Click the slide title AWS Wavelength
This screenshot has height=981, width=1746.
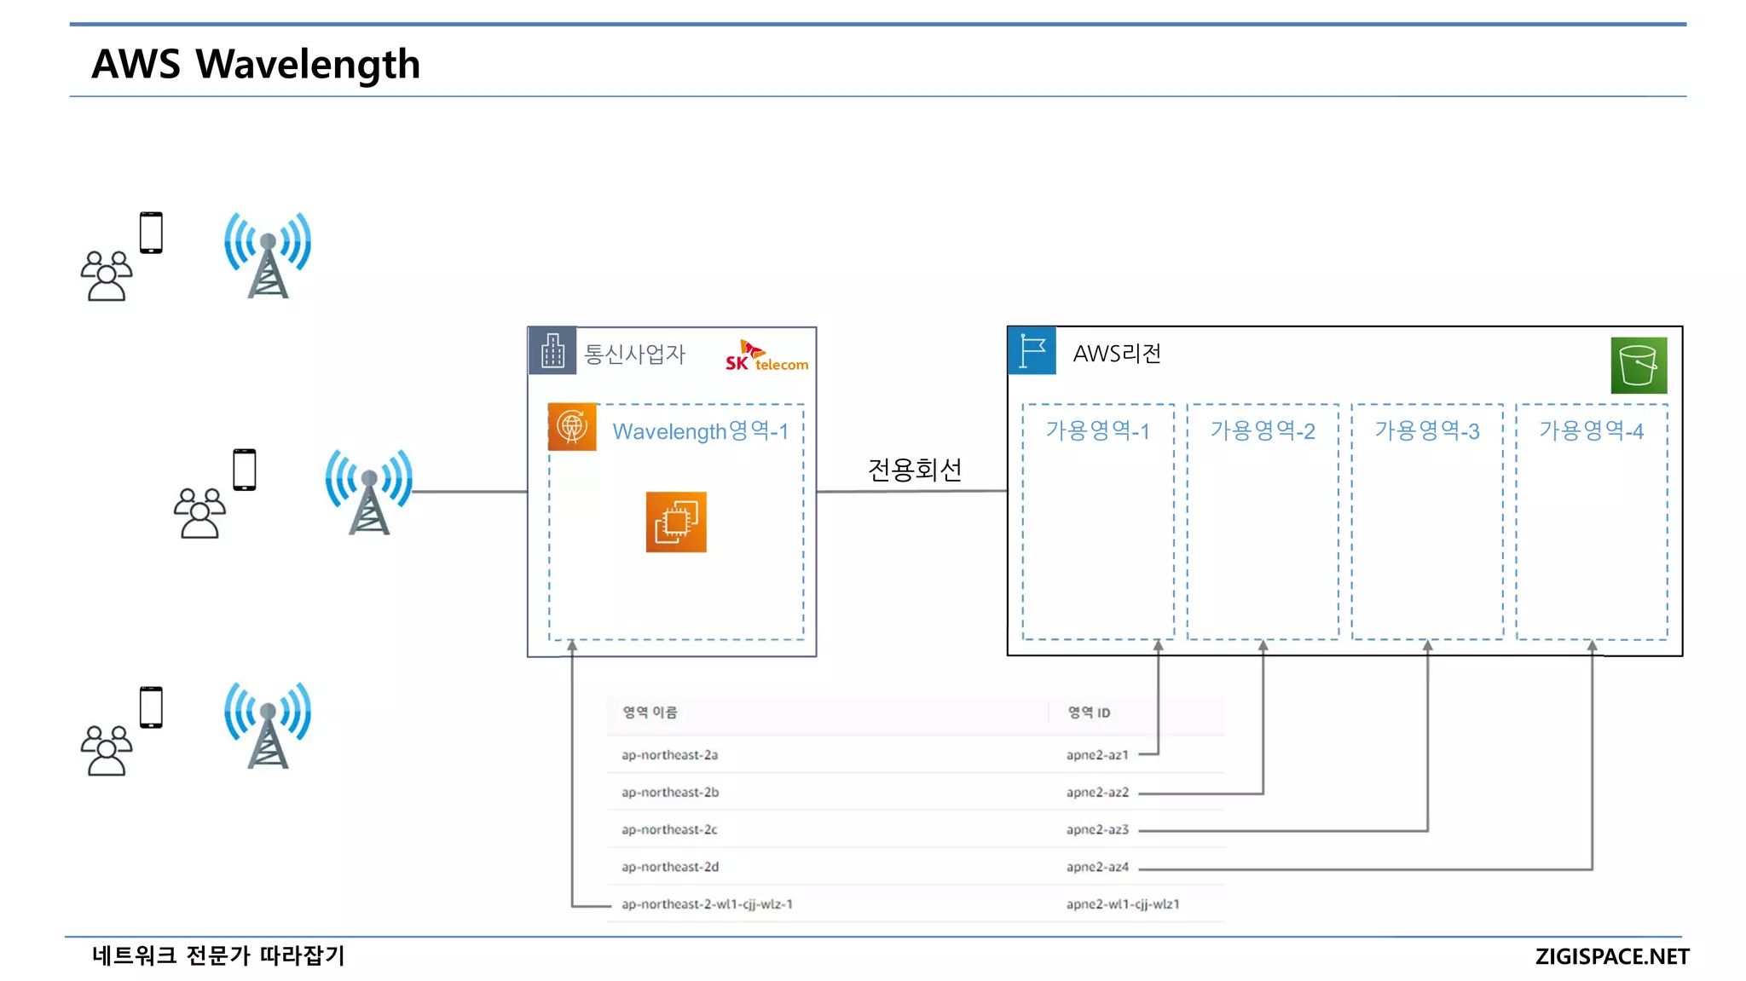click(256, 65)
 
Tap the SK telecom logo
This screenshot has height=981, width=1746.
click(766, 356)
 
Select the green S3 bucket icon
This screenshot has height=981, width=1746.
click(1639, 365)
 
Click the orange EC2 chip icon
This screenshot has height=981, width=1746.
click(676, 522)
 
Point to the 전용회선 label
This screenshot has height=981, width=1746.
click(915, 470)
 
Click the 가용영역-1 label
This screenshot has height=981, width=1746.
click(1098, 431)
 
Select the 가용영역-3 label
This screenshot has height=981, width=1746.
click(1427, 431)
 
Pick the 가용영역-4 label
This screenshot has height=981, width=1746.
click(1591, 431)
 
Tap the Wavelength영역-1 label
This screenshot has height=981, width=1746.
click(700, 431)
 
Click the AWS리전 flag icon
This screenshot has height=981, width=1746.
click(1032, 350)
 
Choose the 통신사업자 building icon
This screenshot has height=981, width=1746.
click(552, 350)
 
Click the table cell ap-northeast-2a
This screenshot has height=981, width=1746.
click(669, 755)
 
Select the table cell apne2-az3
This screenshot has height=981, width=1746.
click(1097, 829)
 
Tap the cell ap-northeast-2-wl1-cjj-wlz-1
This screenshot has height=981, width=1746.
click(707, 904)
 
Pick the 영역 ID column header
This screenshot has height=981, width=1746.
click(1089, 713)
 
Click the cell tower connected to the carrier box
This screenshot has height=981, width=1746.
click(368, 492)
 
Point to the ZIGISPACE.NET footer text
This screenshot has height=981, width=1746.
click(1611, 956)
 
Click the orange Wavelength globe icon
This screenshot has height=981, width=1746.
click(572, 426)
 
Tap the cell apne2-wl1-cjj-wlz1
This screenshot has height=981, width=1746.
click(1123, 904)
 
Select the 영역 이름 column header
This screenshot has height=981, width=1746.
click(650, 713)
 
